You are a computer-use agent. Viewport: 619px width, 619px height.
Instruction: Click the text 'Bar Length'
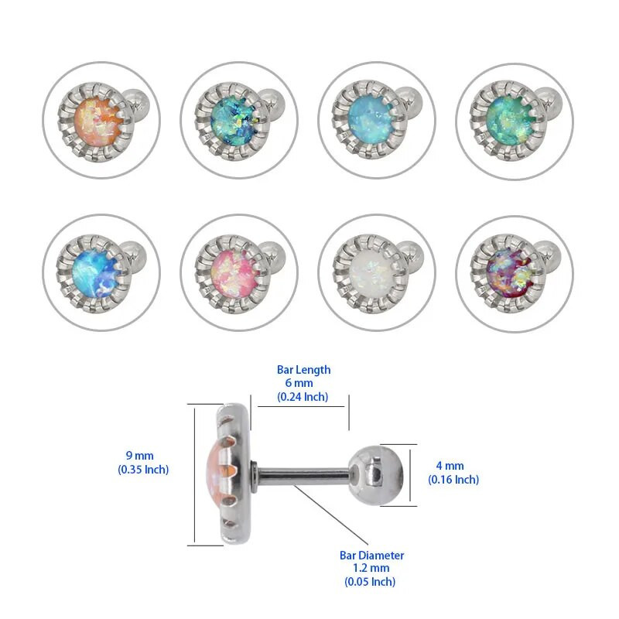tap(303, 370)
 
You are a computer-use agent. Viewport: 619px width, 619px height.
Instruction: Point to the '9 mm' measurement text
tap(142, 456)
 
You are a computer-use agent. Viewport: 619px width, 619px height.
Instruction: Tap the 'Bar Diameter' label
tap(371, 555)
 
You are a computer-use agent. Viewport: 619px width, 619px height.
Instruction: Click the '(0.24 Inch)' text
tap(303, 397)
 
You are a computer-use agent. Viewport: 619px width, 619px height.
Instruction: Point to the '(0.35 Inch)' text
tap(142, 470)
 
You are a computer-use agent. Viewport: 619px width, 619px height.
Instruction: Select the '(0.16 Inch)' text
tap(453, 480)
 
